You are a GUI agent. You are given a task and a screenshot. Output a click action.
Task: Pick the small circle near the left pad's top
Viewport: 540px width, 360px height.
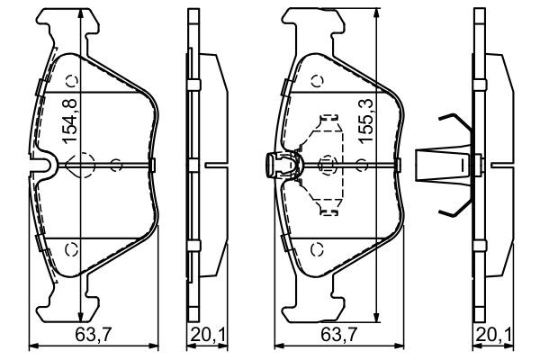73,82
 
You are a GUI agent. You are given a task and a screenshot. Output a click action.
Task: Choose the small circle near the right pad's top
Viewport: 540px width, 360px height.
317,82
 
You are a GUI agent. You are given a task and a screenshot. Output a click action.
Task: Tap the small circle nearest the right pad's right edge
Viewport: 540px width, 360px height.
361,164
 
